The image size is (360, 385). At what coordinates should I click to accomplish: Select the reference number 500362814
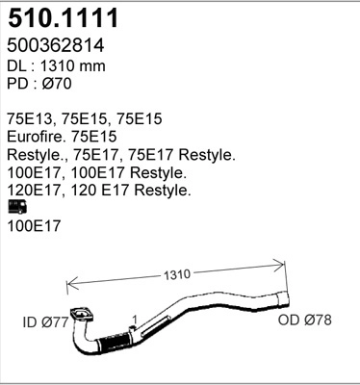click(56, 45)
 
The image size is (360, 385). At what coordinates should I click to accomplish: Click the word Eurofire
click(39, 137)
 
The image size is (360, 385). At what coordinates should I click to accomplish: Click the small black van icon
click(16, 206)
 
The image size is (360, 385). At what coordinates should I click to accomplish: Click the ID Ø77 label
click(45, 321)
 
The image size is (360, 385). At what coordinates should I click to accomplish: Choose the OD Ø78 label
click(304, 320)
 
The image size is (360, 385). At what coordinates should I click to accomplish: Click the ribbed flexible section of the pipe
click(114, 343)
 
